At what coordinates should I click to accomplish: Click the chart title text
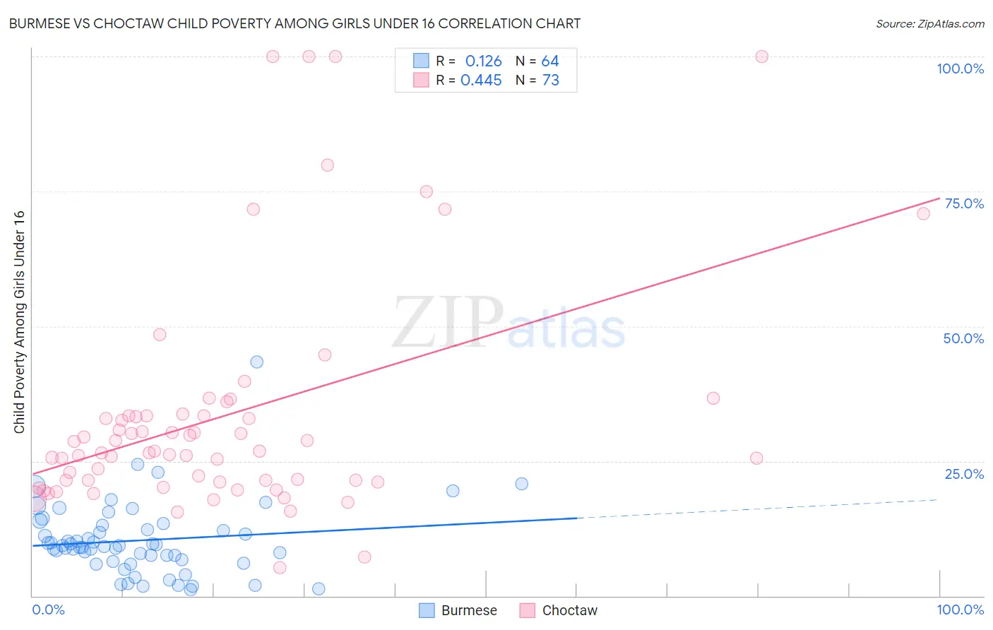tap(295, 23)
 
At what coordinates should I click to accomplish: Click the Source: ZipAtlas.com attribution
tap(929, 23)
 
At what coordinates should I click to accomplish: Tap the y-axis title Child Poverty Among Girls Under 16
tap(19, 322)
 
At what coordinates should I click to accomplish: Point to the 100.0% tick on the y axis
tap(960, 69)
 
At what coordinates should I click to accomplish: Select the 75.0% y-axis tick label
tap(964, 203)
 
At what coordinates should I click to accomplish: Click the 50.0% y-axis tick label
tap(963, 338)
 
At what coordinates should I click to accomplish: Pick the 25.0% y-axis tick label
tap(964, 474)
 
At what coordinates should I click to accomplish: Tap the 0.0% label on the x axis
tap(48, 610)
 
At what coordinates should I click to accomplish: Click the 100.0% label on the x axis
tap(960, 610)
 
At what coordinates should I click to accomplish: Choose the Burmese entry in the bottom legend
tap(458, 610)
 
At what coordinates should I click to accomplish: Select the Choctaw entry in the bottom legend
tap(559, 610)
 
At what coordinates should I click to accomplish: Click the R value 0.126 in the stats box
tap(483, 61)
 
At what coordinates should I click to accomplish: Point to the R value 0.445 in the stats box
tap(481, 81)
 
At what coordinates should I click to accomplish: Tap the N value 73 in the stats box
tap(551, 81)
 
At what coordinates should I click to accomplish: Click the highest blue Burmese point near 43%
tap(257, 362)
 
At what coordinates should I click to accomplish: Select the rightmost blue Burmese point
tap(522, 484)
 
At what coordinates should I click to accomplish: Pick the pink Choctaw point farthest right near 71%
tap(923, 213)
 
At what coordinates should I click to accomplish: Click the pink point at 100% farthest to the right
tap(761, 57)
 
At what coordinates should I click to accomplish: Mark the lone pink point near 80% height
tap(327, 165)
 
